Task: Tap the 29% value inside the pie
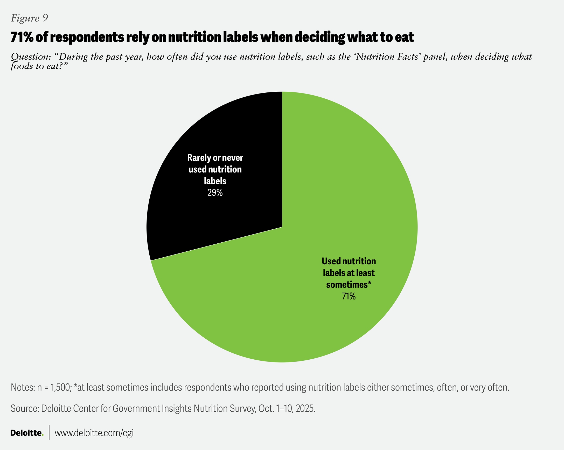coord(215,193)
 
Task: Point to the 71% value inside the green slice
coord(349,296)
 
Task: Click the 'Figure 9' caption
coord(29,18)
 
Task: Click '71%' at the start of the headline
coord(22,37)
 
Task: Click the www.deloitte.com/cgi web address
coord(94,433)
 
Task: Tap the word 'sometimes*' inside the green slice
coord(349,284)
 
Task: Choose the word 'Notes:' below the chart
coord(23,387)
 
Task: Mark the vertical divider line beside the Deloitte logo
coord(49,432)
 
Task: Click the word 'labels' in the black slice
coord(215,181)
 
